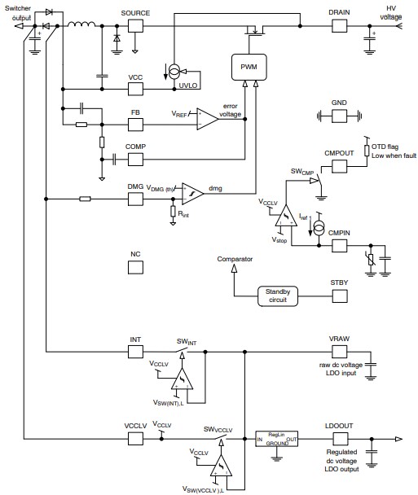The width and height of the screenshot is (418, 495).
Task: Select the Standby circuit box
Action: (277, 296)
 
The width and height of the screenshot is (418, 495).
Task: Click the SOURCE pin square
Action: (134, 26)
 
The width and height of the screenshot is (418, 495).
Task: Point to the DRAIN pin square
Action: (339, 26)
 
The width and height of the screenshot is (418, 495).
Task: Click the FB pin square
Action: (135, 123)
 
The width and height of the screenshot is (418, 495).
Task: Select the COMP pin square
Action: (135, 157)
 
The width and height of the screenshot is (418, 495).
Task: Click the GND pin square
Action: (339, 116)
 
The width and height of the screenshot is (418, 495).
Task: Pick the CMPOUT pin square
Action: (339, 165)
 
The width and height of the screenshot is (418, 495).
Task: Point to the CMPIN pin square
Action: (339, 242)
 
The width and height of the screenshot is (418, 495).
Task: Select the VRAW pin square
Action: (339, 351)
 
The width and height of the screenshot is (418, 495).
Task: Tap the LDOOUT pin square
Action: (339, 437)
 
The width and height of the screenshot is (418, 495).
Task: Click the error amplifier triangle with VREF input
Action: (205, 118)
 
